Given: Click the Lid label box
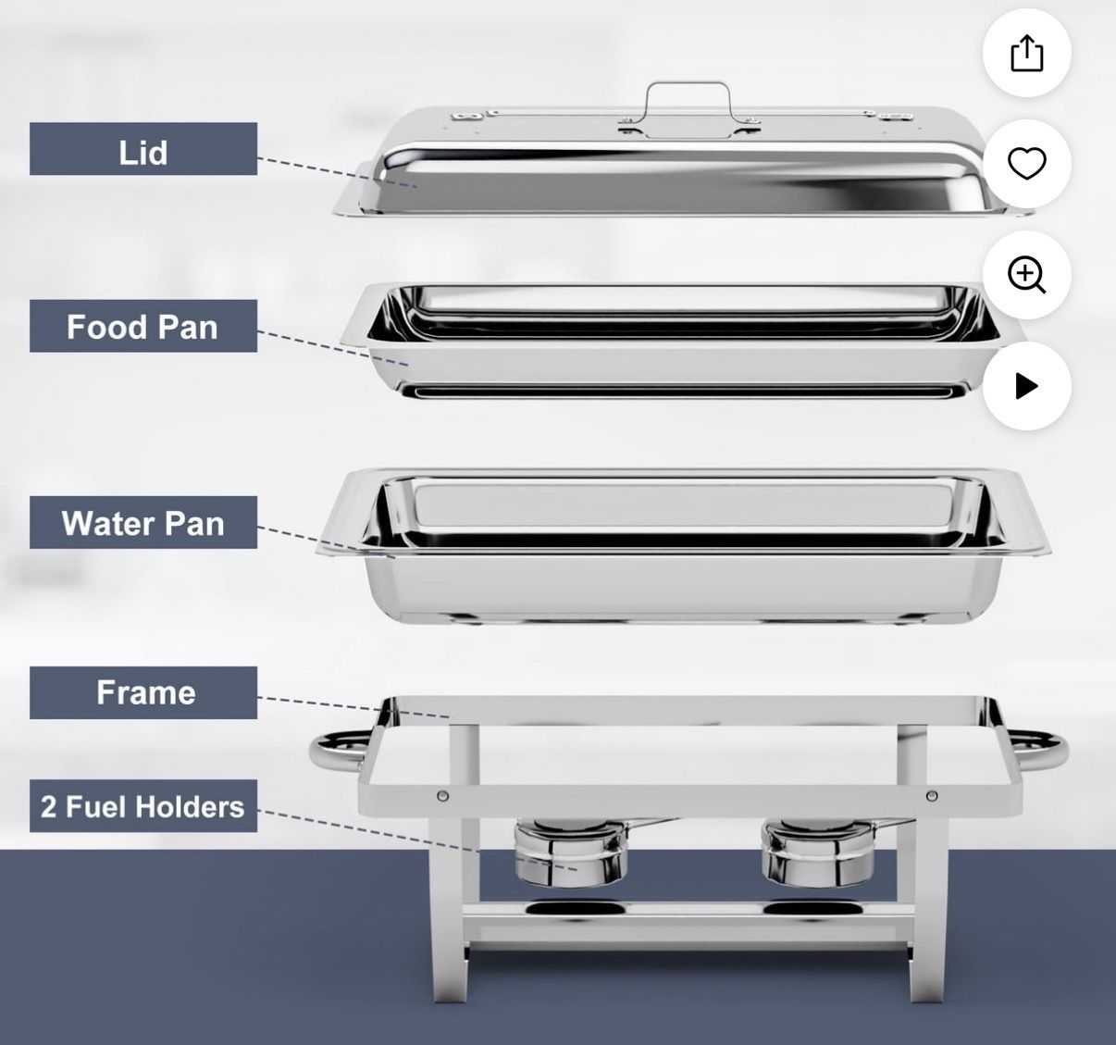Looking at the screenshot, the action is click(x=143, y=149).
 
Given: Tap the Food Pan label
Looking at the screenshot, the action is click(x=143, y=326).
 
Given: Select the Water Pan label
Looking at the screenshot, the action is click(x=143, y=522).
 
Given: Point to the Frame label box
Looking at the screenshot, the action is click(x=143, y=692).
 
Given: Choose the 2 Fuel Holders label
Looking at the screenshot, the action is click(x=143, y=805).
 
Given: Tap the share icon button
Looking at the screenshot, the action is click(x=1026, y=53).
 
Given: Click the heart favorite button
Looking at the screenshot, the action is click(x=1026, y=164).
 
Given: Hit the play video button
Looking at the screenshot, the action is click(x=1026, y=386).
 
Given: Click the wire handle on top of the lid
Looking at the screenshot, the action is click(x=688, y=84).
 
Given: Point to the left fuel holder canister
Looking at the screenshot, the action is click(x=570, y=851).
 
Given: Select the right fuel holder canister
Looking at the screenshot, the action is click(x=818, y=851).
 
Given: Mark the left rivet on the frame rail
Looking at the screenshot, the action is click(x=443, y=795).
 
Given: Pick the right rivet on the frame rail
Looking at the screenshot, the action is click(x=932, y=795).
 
